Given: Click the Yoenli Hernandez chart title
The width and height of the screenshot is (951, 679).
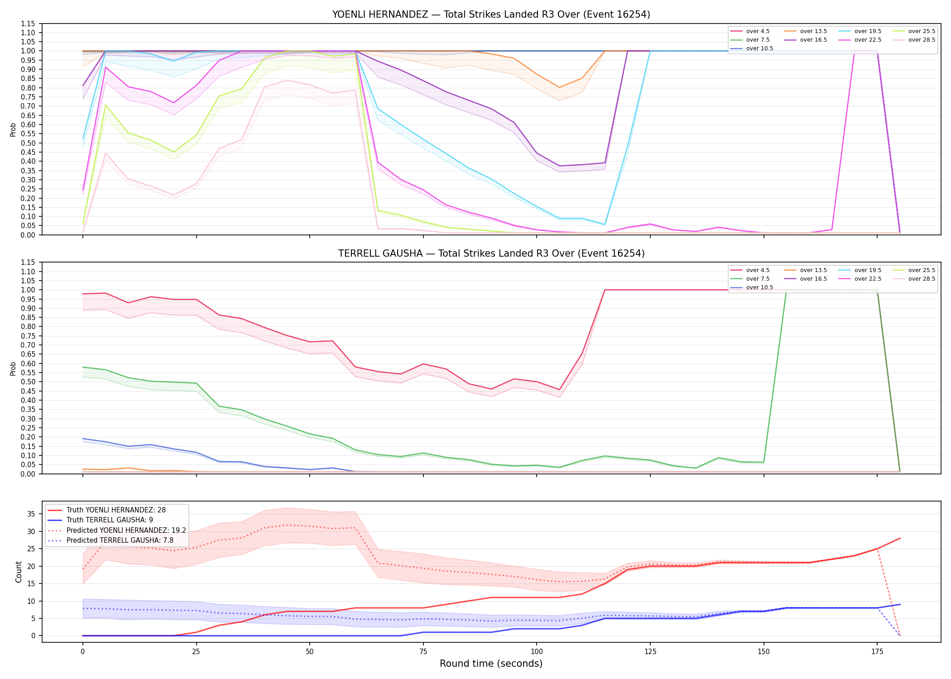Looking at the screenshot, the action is coord(491,14).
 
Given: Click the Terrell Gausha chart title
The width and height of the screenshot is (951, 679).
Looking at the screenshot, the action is coord(491,253).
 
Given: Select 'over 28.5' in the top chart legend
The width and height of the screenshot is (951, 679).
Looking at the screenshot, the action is coord(922,40).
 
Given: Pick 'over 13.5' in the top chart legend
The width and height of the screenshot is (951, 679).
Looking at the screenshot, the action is coord(813,31).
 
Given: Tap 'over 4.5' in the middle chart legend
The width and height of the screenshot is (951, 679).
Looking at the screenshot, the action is coord(758,270).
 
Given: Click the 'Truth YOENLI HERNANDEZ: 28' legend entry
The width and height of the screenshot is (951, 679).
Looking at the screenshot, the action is coord(116,510).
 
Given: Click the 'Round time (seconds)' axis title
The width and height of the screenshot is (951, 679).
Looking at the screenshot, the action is coord(491,664).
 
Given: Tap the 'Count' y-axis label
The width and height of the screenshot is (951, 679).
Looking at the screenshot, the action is coord(19,572).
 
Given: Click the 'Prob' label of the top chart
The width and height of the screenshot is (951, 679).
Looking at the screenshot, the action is coord(13,129).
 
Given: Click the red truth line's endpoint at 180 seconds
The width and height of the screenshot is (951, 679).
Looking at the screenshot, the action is coord(900,538).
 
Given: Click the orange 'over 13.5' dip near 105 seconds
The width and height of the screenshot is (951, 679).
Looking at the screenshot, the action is coord(559,87).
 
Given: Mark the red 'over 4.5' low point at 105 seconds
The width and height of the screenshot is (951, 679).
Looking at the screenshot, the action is coord(559,390).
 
